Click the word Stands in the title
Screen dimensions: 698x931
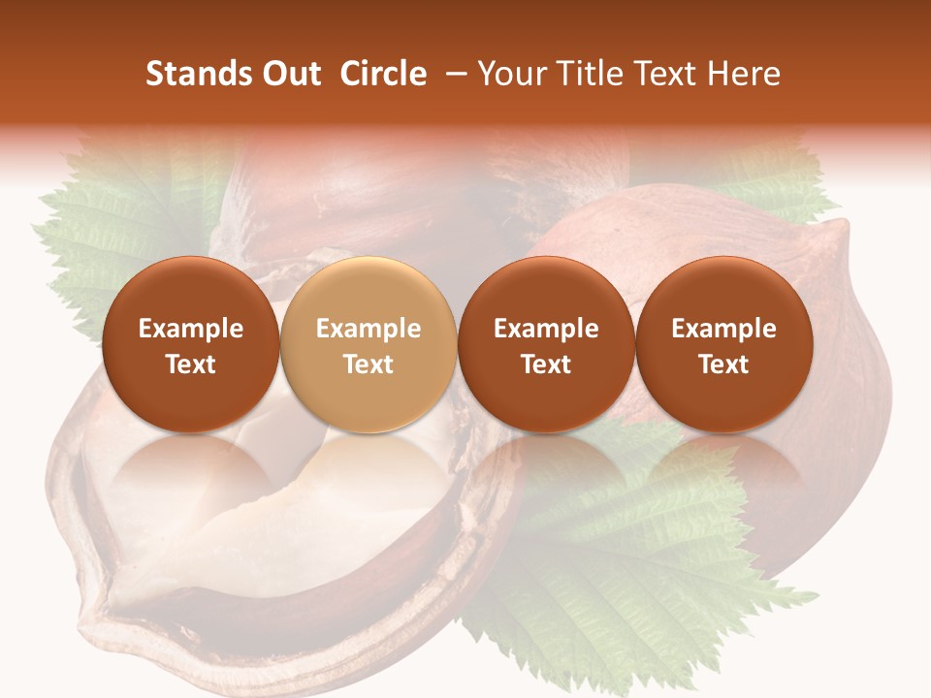pyautogui.click(x=197, y=74)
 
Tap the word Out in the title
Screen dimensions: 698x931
pyautogui.click(x=289, y=74)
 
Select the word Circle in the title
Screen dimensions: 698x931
pyautogui.click(x=383, y=74)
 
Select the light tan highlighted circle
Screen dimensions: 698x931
pyautogui.click(x=369, y=345)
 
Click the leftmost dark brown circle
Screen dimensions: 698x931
pyautogui.click(x=190, y=345)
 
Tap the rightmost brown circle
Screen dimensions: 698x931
pyautogui.click(x=723, y=345)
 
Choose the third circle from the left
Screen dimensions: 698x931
pyautogui.click(x=546, y=345)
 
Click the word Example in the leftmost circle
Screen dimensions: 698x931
pyautogui.click(x=190, y=329)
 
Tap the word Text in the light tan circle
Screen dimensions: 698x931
pyautogui.click(x=369, y=365)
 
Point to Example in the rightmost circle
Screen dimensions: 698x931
pyautogui.click(x=723, y=329)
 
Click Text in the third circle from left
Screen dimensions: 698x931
pyautogui.click(x=546, y=365)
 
